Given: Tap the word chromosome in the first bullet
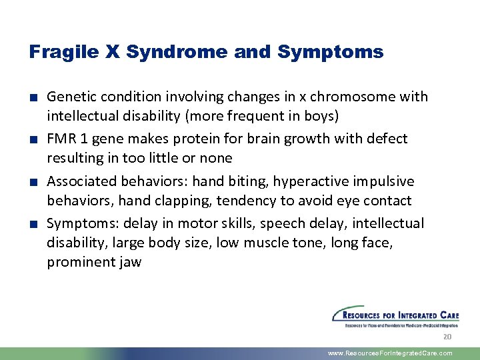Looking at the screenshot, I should tap(357, 97).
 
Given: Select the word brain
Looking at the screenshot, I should tap(279, 139).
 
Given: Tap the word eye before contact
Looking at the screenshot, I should tap(347, 201).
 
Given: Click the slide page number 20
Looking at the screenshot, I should tap(447, 337).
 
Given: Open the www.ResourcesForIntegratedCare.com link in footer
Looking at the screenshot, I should tap(390, 353).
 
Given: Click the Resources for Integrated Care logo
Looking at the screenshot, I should tap(395, 317).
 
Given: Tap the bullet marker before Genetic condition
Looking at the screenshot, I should tap(33, 97).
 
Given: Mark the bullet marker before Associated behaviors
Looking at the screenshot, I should tap(33, 182).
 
